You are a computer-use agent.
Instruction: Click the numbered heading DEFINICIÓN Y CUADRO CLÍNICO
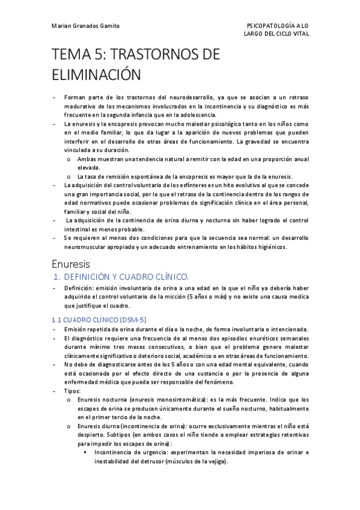(126, 277)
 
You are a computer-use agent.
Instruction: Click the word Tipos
(72, 390)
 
